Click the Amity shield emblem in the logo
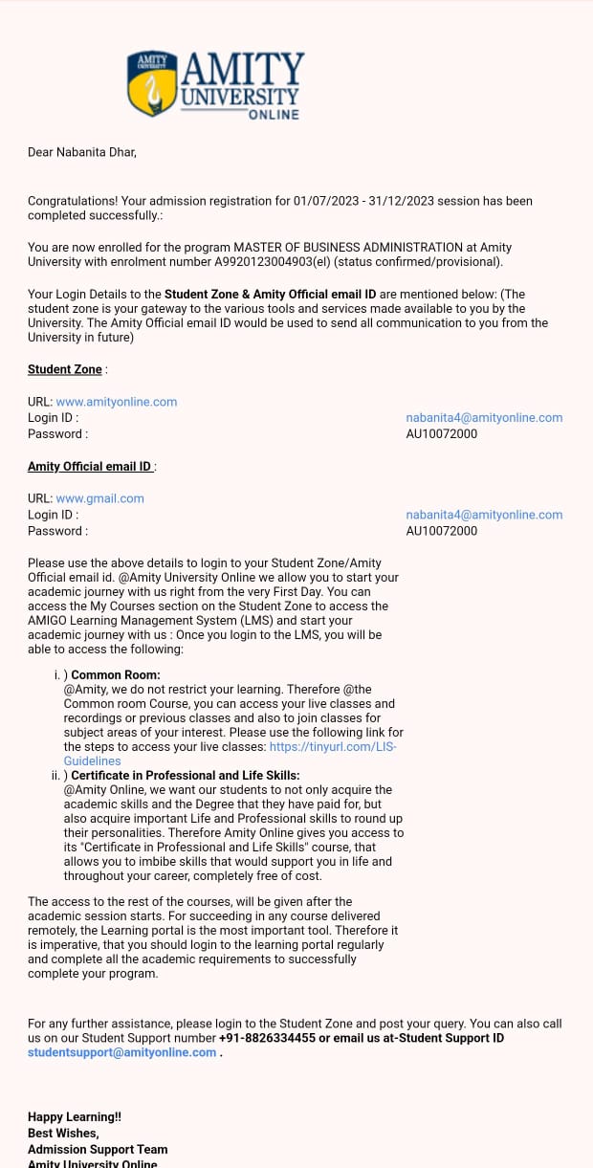[x=151, y=83]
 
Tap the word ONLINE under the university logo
[x=274, y=115]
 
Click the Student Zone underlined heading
[x=65, y=369]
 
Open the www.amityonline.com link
[x=117, y=402]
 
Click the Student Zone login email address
[x=484, y=418]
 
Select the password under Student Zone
[x=441, y=434]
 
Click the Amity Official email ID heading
[x=90, y=467]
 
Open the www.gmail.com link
[x=100, y=498]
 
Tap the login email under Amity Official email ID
[x=484, y=515]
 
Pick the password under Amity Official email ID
[x=441, y=531]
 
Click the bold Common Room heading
[x=116, y=675]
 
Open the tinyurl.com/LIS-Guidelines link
[x=332, y=747]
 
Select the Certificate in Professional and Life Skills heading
[x=186, y=776]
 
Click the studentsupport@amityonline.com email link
[x=122, y=1052]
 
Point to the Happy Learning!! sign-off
[x=75, y=1117]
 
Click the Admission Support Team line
[x=98, y=1150]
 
